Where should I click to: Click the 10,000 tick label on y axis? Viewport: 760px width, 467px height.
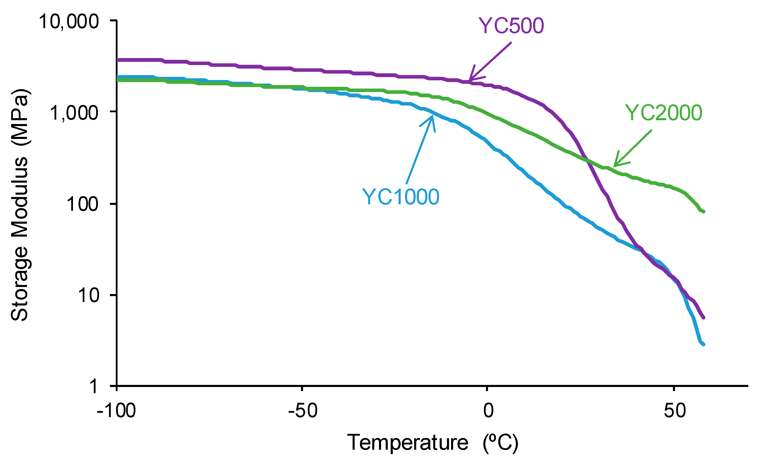pyautogui.click(x=69, y=22)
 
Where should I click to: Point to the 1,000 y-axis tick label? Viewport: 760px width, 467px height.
pyautogui.click(x=74, y=113)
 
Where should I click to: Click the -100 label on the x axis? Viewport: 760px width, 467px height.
pyautogui.click(x=116, y=411)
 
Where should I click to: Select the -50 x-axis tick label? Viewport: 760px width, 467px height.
pyautogui.click(x=303, y=411)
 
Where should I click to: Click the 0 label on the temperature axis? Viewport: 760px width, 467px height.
pyautogui.click(x=488, y=411)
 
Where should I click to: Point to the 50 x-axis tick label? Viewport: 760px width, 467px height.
pyautogui.click(x=675, y=411)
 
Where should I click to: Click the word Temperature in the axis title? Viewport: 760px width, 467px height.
pyautogui.click(x=408, y=443)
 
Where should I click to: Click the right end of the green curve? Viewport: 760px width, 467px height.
pyautogui.click(x=704, y=212)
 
